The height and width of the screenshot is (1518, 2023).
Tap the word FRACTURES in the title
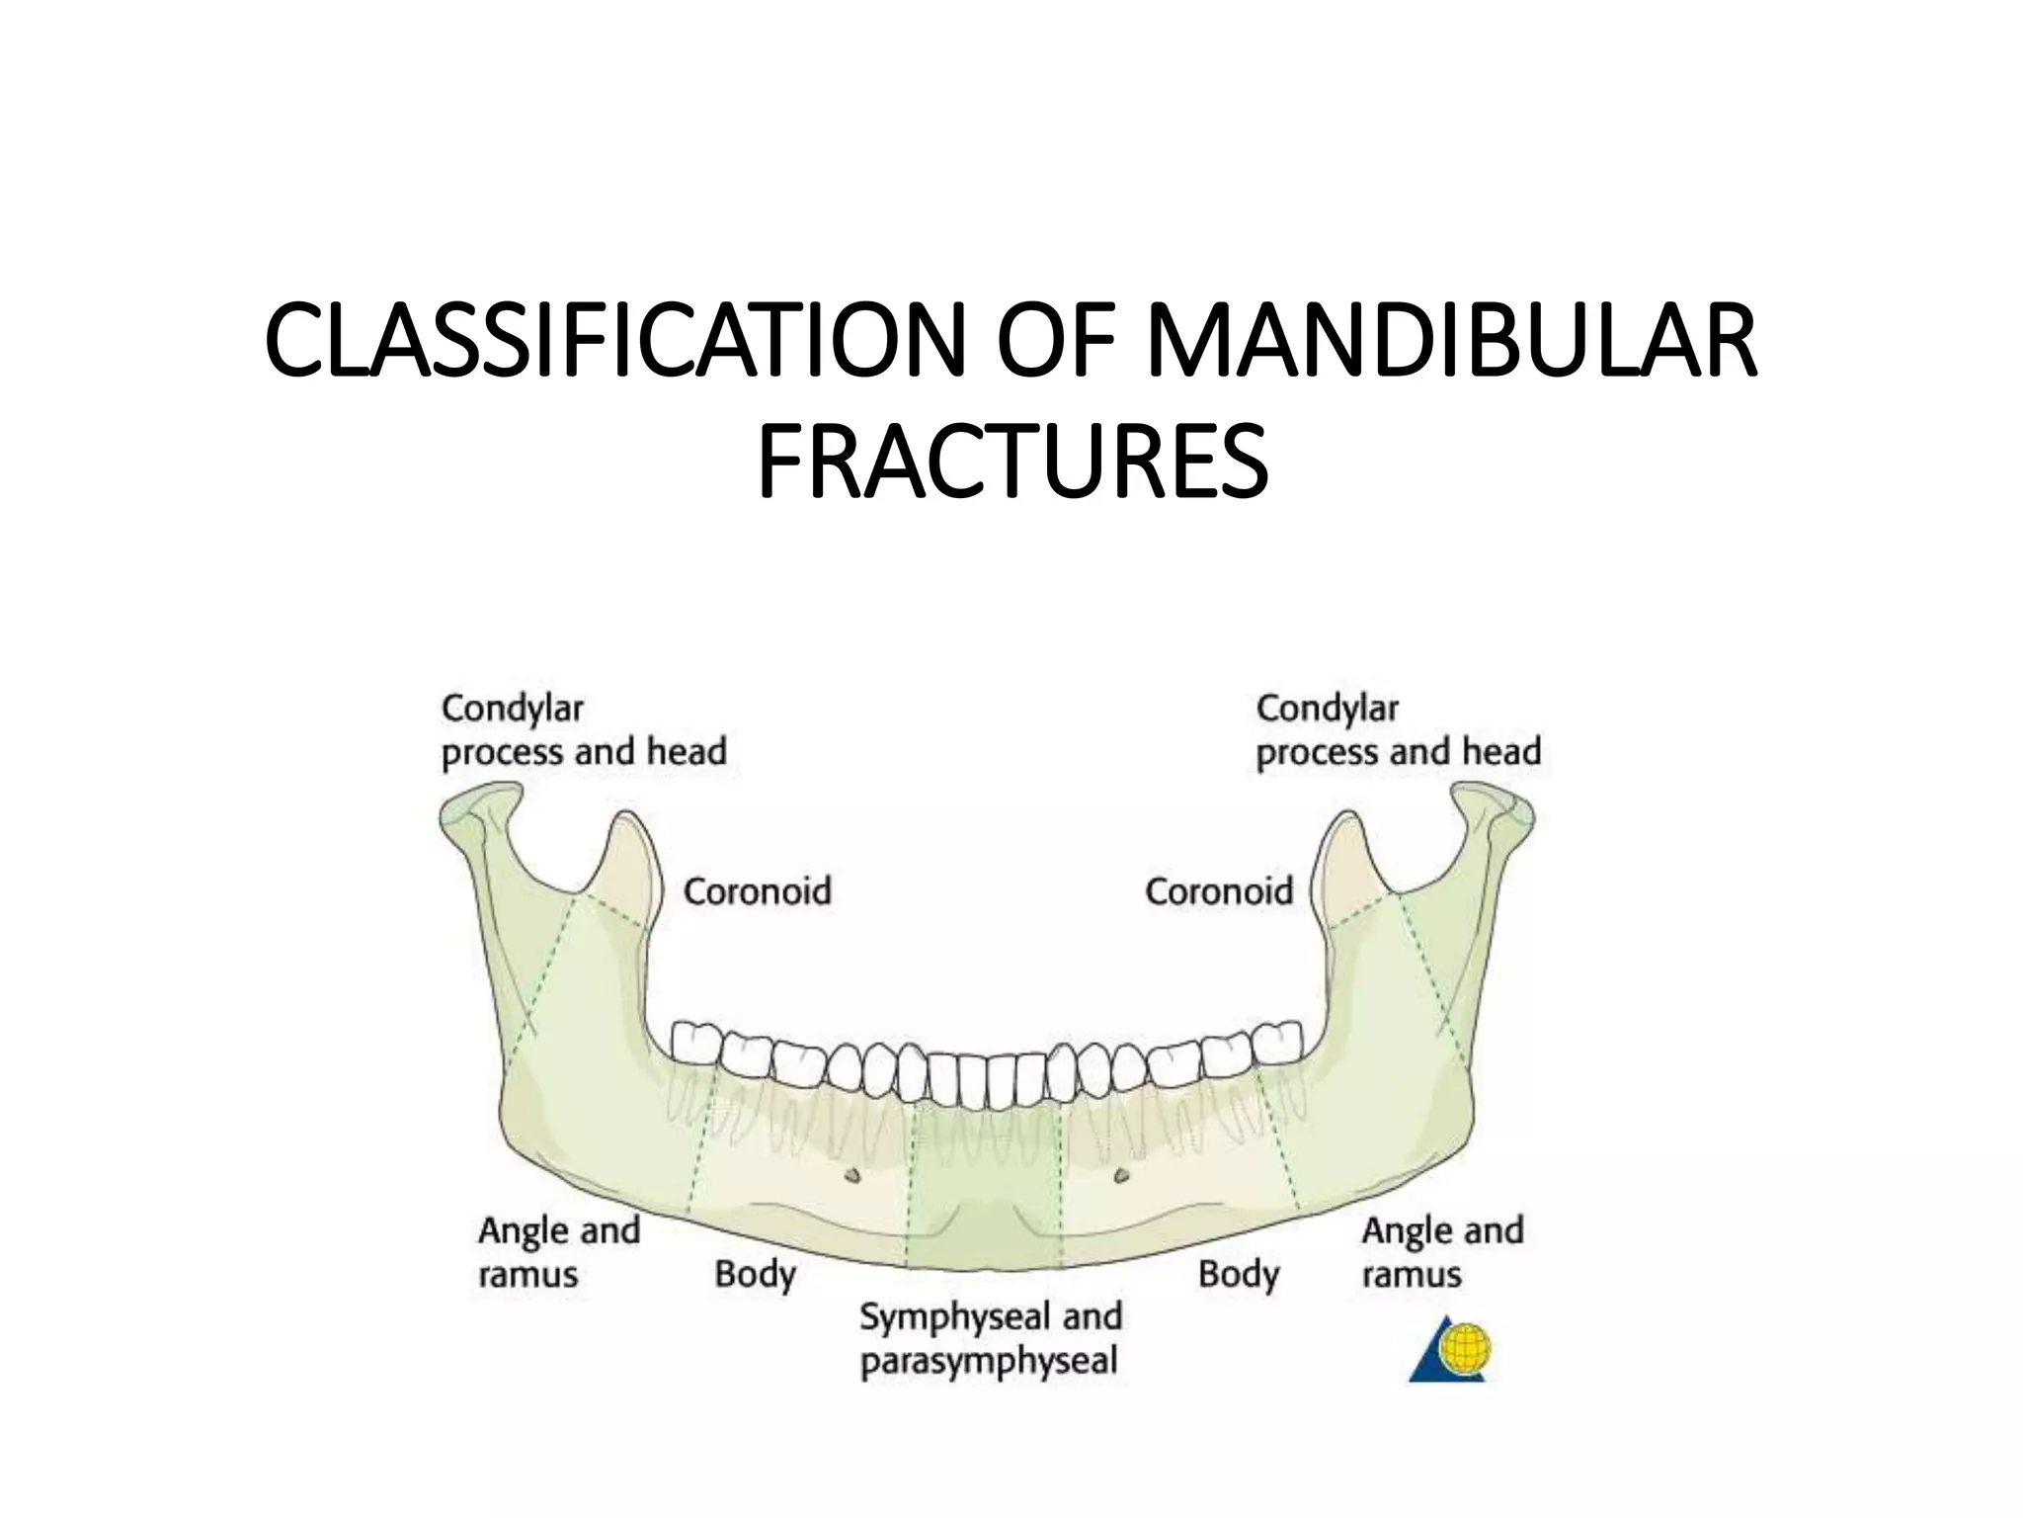pyautogui.click(x=1011, y=463)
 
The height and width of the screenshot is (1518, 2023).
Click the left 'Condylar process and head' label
pyautogui.click(x=583, y=730)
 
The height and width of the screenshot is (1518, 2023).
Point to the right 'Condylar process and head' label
pyautogui.click(x=1398, y=730)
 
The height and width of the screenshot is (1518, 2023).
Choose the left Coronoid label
pyautogui.click(x=758, y=891)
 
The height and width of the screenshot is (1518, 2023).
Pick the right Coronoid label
pyautogui.click(x=1219, y=891)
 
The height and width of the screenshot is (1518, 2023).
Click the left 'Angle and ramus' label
pyautogui.click(x=559, y=1252)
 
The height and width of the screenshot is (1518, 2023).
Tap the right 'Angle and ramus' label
pyautogui.click(x=1442, y=1252)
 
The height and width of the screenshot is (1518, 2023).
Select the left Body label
pyautogui.click(x=755, y=1274)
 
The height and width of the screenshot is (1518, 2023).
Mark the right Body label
pyautogui.click(x=1239, y=1274)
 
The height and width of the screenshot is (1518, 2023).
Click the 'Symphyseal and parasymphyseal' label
pyautogui.click(x=990, y=1339)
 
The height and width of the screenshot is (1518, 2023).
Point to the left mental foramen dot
pyautogui.click(x=852, y=1175)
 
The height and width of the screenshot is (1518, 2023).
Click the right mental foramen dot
pyautogui.click(x=1120, y=1175)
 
